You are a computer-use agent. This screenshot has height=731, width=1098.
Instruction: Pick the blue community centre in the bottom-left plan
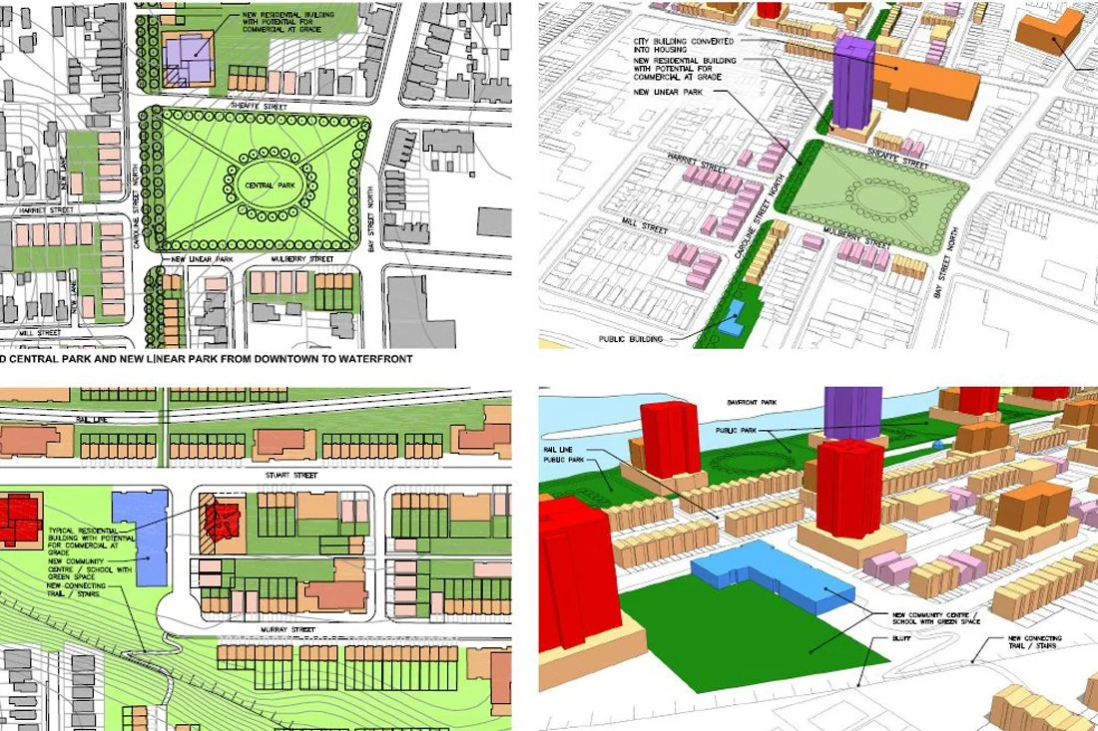(x=142, y=536)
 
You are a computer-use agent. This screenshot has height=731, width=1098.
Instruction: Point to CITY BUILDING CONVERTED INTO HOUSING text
(x=684, y=46)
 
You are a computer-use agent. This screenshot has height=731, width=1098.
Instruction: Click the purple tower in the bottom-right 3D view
(x=851, y=410)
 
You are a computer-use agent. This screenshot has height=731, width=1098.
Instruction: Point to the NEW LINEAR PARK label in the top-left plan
(x=202, y=259)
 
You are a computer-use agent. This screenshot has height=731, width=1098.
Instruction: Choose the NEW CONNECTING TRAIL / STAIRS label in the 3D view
(x=1034, y=641)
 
